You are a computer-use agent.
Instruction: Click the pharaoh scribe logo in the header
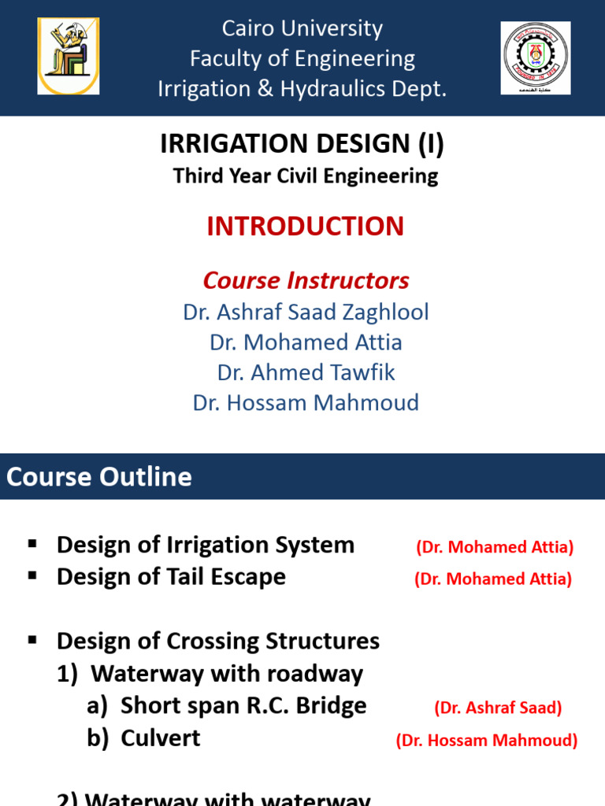[69, 57]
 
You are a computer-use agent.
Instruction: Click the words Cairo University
[302, 29]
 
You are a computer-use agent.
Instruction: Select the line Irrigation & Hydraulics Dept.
[302, 89]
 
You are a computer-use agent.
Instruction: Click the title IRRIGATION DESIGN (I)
[302, 144]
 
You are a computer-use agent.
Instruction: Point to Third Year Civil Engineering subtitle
[306, 176]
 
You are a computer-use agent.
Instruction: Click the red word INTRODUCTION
[305, 227]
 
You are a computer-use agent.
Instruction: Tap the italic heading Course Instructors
[306, 280]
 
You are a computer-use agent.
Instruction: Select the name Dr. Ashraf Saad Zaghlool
[306, 312]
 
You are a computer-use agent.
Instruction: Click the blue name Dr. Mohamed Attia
[306, 342]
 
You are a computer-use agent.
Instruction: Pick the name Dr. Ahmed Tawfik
[306, 372]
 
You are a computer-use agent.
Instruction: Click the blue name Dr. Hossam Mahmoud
[306, 403]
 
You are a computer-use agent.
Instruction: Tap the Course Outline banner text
[99, 476]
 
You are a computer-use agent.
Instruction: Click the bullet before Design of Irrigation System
[32, 544]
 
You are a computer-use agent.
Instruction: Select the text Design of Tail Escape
[171, 577]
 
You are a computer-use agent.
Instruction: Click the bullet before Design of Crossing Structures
[32, 640]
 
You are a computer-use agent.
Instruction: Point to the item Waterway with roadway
[227, 674]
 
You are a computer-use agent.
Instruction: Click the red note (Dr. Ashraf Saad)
[498, 708]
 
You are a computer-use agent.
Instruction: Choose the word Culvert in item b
[161, 738]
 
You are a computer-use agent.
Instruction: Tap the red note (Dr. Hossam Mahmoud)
[487, 740]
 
